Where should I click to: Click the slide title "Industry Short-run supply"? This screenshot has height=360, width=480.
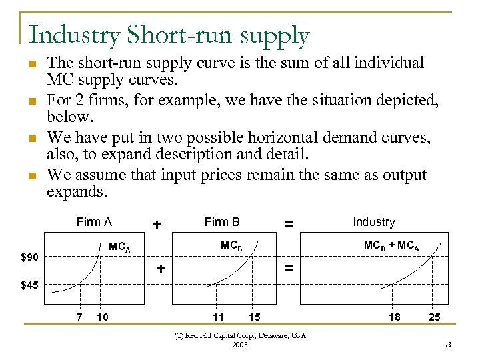(x=169, y=36)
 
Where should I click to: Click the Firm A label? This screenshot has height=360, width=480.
(x=94, y=222)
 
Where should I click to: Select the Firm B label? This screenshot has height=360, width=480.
(x=222, y=222)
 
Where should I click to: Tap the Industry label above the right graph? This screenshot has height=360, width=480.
(x=373, y=222)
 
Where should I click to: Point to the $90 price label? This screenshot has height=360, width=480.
(x=30, y=257)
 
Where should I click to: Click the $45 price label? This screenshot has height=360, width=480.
(x=30, y=286)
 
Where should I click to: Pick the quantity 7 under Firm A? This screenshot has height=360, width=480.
(x=80, y=316)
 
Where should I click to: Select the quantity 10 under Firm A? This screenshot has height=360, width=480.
(x=103, y=316)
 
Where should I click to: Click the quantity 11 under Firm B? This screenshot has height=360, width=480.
(x=218, y=316)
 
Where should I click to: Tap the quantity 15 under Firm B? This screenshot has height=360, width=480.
(x=253, y=316)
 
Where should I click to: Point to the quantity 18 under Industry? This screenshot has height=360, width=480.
(x=394, y=317)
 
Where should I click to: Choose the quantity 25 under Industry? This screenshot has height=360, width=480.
(x=434, y=317)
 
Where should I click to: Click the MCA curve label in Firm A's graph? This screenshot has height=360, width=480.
(x=119, y=248)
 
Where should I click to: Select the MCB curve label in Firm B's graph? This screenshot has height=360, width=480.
(x=231, y=245)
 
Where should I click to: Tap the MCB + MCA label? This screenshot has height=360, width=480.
(x=391, y=245)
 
